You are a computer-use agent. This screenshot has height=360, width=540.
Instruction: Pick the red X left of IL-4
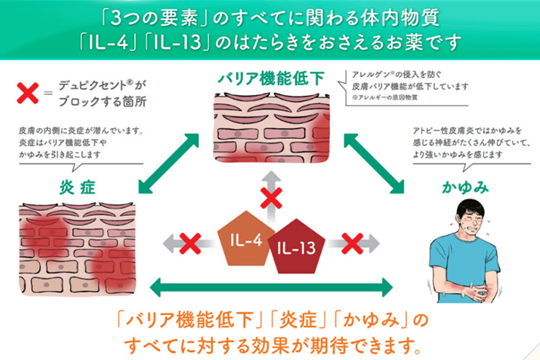pos(189,243)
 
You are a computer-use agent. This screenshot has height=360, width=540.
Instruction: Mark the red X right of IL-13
pos(351,243)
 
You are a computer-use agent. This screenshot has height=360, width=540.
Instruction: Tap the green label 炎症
pos(77,189)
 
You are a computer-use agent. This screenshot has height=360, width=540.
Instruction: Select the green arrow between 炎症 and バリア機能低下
pos(166,163)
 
